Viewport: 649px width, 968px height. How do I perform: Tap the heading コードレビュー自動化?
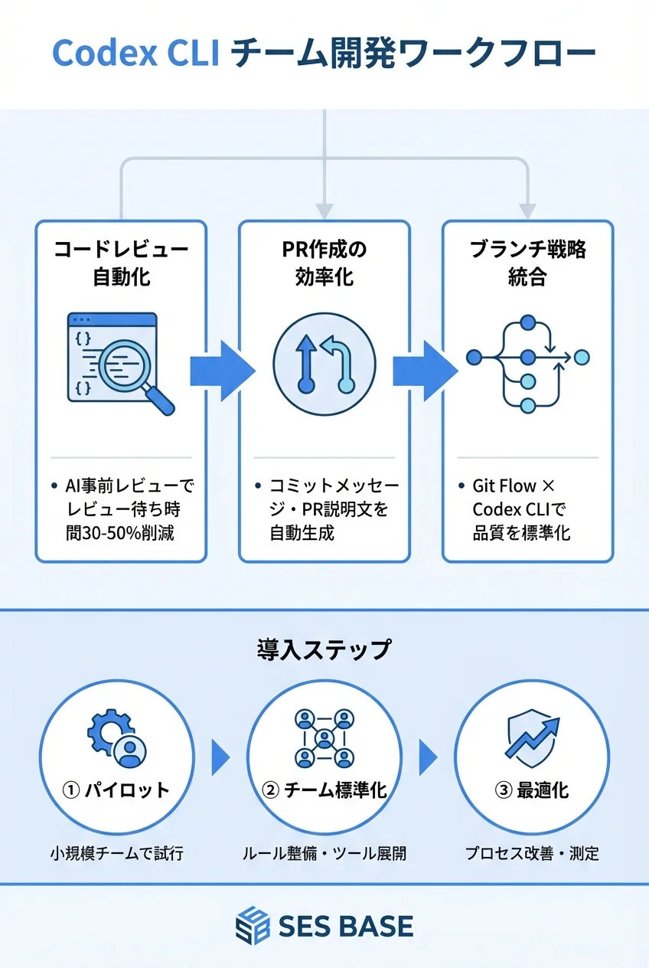point(121,263)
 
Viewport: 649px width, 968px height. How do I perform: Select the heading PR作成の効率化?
point(324,263)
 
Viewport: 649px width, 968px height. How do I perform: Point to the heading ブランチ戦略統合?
point(528,263)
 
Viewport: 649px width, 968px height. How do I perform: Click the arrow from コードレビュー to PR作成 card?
point(222,371)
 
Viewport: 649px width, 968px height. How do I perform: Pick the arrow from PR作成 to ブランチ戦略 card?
point(426,371)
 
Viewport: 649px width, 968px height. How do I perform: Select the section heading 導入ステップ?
point(324,650)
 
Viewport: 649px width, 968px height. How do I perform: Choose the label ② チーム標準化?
point(324,790)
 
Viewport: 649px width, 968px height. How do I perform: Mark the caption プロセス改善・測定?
point(532,853)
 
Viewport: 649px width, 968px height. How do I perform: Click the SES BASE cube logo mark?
point(253,926)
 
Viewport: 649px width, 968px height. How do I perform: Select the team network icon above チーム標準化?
point(324,737)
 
